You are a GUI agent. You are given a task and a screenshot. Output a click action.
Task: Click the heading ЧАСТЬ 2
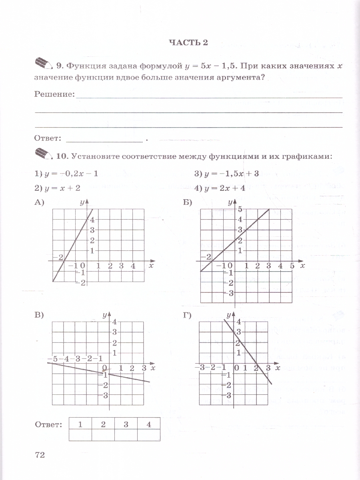(x=188, y=43)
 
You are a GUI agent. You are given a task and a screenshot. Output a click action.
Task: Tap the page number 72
(x=40, y=455)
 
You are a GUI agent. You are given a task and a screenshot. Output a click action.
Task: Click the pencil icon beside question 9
(x=44, y=63)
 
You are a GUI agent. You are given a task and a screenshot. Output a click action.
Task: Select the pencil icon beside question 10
(x=44, y=153)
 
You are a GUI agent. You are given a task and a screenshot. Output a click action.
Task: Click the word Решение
(x=54, y=94)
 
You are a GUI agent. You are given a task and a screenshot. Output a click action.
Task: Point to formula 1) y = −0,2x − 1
(x=66, y=174)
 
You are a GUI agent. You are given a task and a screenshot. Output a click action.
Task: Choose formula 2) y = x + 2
(x=58, y=188)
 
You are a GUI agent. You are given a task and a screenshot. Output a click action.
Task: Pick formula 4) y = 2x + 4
(x=220, y=188)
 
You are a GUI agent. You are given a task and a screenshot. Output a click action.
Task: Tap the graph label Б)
(x=188, y=203)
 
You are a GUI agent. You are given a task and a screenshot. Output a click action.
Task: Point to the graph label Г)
(x=187, y=315)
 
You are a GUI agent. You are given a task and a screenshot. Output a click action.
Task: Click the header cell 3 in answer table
(x=126, y=424)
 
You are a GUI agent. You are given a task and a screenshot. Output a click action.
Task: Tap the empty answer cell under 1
(x=80, y=435)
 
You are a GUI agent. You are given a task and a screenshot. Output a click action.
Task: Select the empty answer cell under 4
(x=148, y=435)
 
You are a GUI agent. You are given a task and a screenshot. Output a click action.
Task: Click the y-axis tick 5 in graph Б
(x=241, y=209)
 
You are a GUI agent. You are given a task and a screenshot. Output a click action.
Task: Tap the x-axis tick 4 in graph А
(x=132, y=266)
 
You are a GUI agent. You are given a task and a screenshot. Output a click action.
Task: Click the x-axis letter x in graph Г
(x=278, y=367)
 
